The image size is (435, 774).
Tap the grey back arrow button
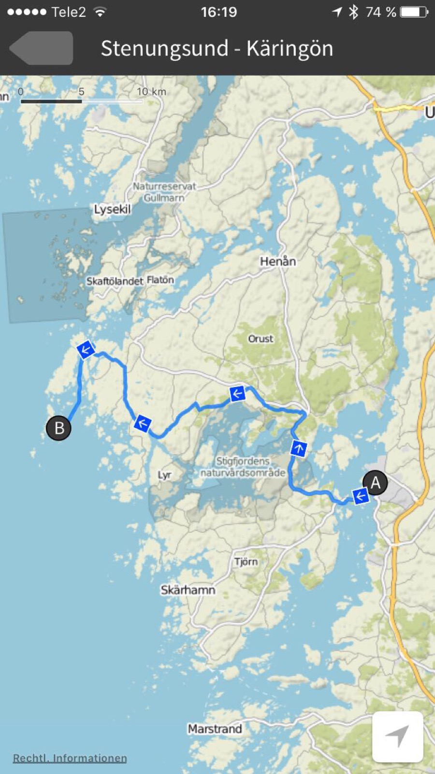click(42, 48)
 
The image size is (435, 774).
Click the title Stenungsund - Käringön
click(217, 48)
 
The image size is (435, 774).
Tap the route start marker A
click(375, 483)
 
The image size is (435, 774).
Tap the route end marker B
click(58, 428)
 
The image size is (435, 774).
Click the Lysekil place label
click(112, 210)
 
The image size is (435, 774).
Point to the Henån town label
click(278, 261)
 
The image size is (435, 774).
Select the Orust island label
click(261, 339)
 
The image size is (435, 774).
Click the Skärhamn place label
click(188, 590)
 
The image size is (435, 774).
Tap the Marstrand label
click(215, 729)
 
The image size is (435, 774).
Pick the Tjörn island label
click(246, 561)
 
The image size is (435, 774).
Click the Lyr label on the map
click(164, 475)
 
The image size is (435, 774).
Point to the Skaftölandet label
click(115, 281)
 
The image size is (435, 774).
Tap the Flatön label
click(160, 280)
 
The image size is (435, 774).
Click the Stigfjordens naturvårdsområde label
click(243, 467)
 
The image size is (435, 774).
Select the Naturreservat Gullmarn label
click(164, 192)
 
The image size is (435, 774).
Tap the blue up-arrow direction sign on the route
click(299, 448)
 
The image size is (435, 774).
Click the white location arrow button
click(397, 736)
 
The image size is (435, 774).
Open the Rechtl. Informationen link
click(70, 758)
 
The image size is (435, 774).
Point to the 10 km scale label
click(151, 91)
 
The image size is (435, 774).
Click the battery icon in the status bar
click(414, 12)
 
